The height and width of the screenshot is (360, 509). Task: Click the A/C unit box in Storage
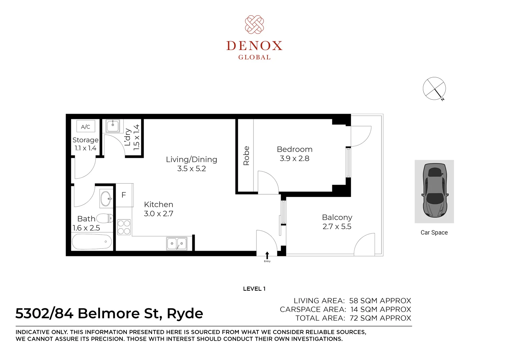(x=86, y=126)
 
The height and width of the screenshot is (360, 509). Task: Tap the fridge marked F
(x=124, y=195)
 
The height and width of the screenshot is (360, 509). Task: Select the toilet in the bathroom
(x=105, y=218)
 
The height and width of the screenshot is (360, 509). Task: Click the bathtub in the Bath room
(x=92, y=242)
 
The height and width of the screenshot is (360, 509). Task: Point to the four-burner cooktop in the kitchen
(x=124, y=227)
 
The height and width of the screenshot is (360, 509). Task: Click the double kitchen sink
(x=176, y=244)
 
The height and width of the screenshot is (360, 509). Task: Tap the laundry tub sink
(x=113, y=126)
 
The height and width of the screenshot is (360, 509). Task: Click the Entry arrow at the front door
(x=267, y=255)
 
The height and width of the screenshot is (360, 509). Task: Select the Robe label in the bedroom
(x=246, y=156)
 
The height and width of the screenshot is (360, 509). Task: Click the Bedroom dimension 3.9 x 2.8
(x=295, y=158)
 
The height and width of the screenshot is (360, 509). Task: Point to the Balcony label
(x=337, y=218)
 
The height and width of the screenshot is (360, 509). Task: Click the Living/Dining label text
(x=191, y=159)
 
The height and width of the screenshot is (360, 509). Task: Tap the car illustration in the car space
(x=435, y=190)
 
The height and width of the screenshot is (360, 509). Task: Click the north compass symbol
(x=434, y=89)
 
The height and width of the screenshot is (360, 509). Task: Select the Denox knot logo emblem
(x=254, y=25)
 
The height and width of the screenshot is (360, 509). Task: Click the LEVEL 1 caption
(x=254, y=289)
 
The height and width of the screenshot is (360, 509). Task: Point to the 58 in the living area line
(x=354, y=301)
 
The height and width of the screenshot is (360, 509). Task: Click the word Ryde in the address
(x=185, y=314)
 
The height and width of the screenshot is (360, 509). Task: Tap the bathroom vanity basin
(x=106, y=199)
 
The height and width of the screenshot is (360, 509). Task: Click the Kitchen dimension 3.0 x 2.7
(x=159, y=214)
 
